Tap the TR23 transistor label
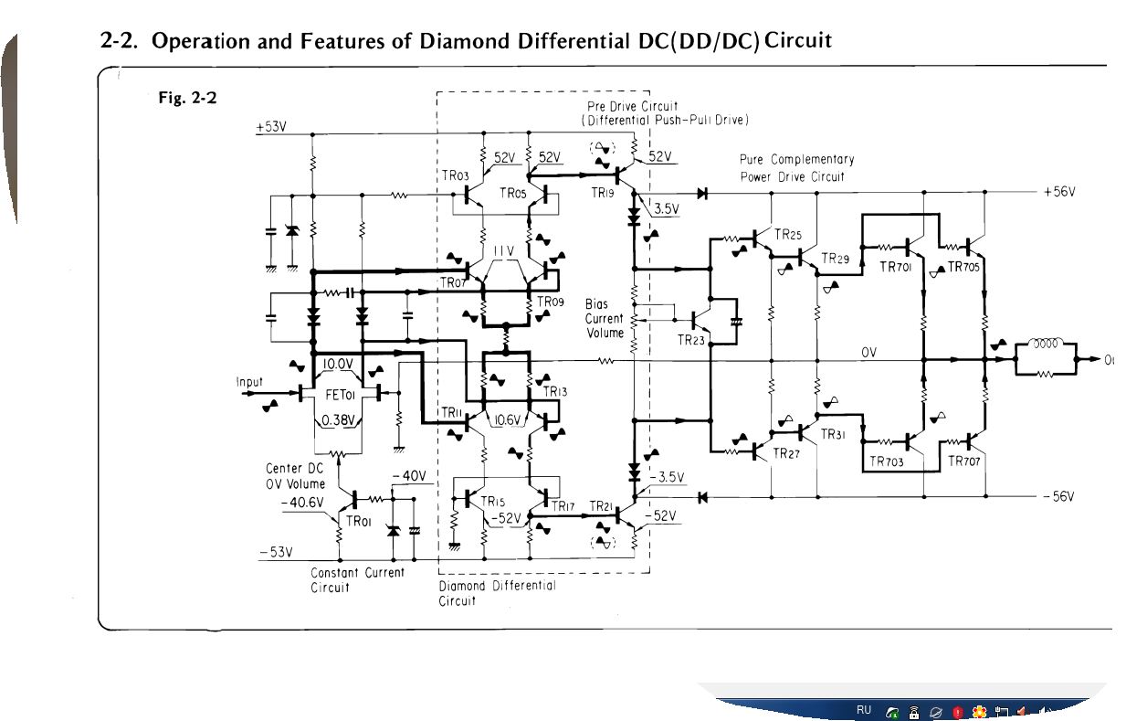691,341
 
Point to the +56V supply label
1058,192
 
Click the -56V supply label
1058,497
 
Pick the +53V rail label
271,127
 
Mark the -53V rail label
275,552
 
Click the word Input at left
249,382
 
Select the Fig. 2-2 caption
188,98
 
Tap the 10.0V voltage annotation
339,364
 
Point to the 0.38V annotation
340,421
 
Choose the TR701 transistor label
896,267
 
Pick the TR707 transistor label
964,461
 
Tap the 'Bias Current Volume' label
604,319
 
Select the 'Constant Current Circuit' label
357,579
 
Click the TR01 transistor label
357,521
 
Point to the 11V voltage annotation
505,251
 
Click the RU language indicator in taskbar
864,710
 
